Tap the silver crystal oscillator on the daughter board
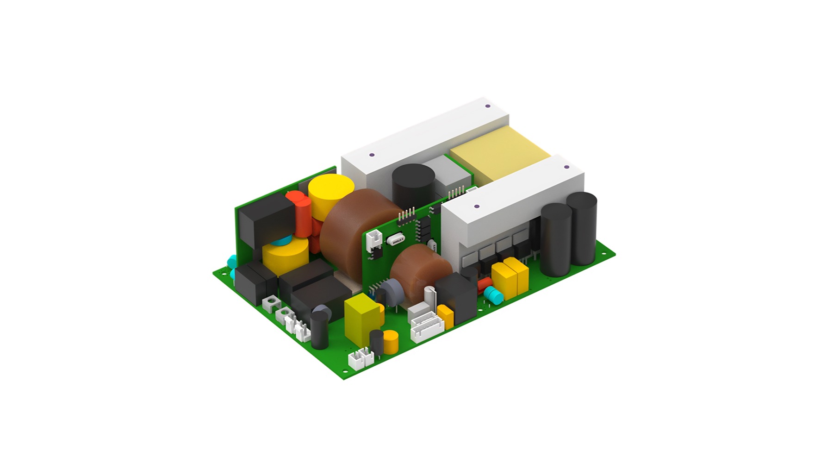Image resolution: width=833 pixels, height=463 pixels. point(396,240)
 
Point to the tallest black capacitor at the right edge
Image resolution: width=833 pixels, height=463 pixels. point(581,229)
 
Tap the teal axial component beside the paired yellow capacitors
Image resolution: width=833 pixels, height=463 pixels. point(494,294)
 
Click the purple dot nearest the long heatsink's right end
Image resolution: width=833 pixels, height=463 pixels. point(487,106)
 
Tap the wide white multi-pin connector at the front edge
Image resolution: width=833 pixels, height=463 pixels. point(427,326)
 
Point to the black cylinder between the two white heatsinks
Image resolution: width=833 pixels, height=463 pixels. point(413,185)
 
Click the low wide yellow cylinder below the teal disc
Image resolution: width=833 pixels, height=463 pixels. point(285,257)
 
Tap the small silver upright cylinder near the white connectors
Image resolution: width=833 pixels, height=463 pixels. point(430,297)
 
